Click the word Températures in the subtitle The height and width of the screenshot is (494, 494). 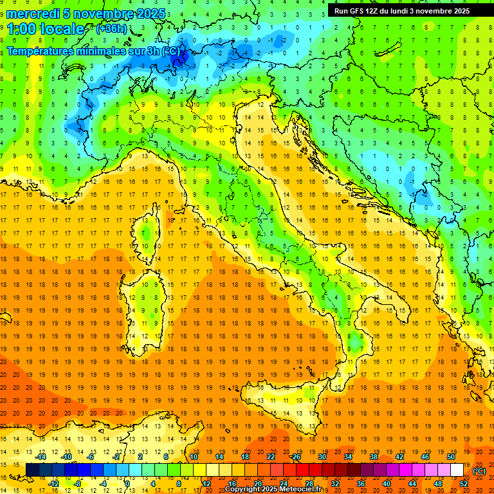42,51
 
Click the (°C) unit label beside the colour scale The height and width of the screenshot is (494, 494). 479,471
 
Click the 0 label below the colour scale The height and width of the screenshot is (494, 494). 127,484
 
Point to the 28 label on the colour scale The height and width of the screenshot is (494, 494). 309,484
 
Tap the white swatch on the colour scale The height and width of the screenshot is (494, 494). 457,470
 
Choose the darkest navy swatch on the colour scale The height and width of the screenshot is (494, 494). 32,470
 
